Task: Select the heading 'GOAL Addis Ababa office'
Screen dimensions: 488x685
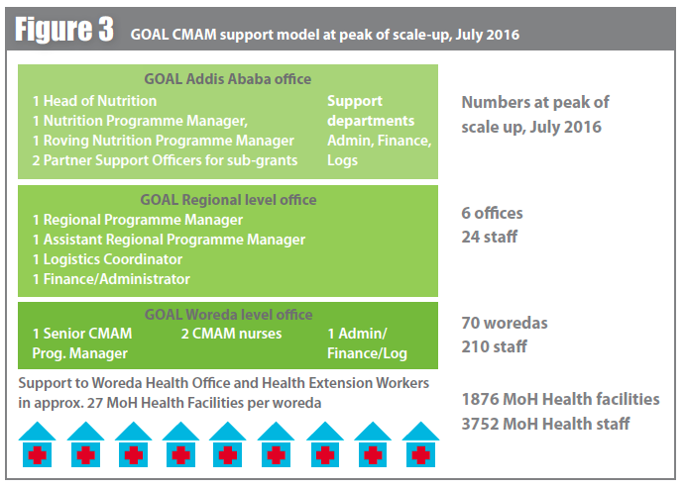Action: tap(228, 79)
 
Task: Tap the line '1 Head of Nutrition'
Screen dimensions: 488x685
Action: tap(94, 101)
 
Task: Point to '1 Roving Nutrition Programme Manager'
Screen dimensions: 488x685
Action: tap(164, 141)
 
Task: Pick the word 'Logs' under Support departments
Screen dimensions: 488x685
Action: tap(344, 160)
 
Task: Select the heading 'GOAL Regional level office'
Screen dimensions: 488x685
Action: tap(228, 199)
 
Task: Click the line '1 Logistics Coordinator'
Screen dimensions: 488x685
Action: tap(107, 259)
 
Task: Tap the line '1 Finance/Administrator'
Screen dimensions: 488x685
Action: tap(110, 279)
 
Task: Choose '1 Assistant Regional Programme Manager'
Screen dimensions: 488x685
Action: tap(169, 240)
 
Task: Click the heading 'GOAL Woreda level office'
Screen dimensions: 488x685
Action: tap(228, 315)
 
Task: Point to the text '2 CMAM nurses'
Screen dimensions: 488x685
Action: tap(231, 334)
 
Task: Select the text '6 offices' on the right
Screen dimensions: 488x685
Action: tap(493, 213)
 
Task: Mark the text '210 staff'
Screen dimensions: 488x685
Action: tap(495, 346)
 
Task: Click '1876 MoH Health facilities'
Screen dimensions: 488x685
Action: tap(560, 399)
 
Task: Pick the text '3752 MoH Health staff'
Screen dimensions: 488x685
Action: tap(545, 424)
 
